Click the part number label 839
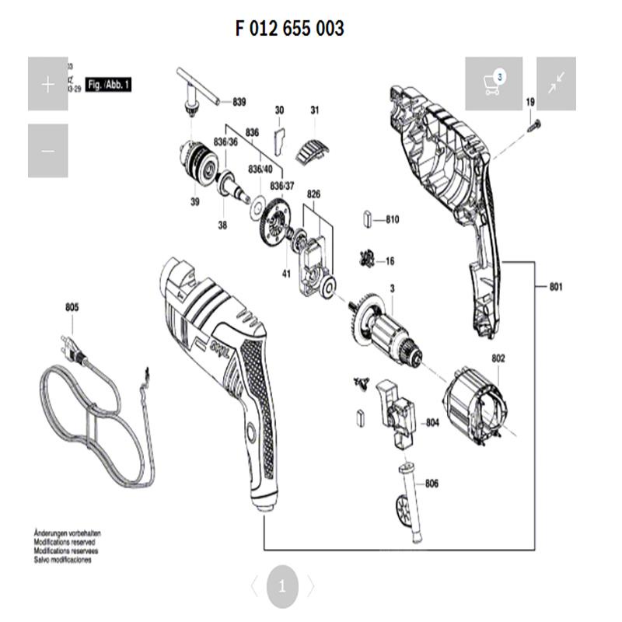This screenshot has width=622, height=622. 239,102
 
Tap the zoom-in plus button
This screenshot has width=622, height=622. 48,84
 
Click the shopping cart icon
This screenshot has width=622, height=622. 490,83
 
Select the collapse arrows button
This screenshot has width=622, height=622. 556,83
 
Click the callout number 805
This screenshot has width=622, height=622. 72,308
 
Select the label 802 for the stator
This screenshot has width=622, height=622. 498,358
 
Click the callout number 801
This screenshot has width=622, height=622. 555,288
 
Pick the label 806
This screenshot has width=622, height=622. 432,484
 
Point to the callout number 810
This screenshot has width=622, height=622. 392,220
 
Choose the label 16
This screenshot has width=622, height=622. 390,261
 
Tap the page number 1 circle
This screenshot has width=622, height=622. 282,586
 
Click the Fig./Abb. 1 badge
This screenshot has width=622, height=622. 107,84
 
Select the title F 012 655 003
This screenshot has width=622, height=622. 289,29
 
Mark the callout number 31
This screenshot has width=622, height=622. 314,110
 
